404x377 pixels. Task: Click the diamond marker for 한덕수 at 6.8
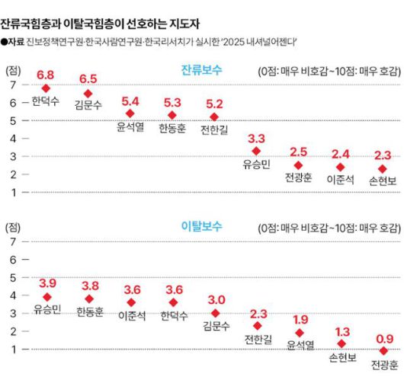(x=46, y=88)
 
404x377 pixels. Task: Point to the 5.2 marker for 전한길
(x=214, y=117)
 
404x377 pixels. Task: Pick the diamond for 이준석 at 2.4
(x=340, y=167)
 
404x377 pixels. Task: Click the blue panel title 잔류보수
(x=202, y=70)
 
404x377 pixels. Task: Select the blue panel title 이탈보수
(x=202, y=227)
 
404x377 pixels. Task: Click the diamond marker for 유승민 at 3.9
(x=46, y=296)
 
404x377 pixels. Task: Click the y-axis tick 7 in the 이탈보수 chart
(x=11, y=242)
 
